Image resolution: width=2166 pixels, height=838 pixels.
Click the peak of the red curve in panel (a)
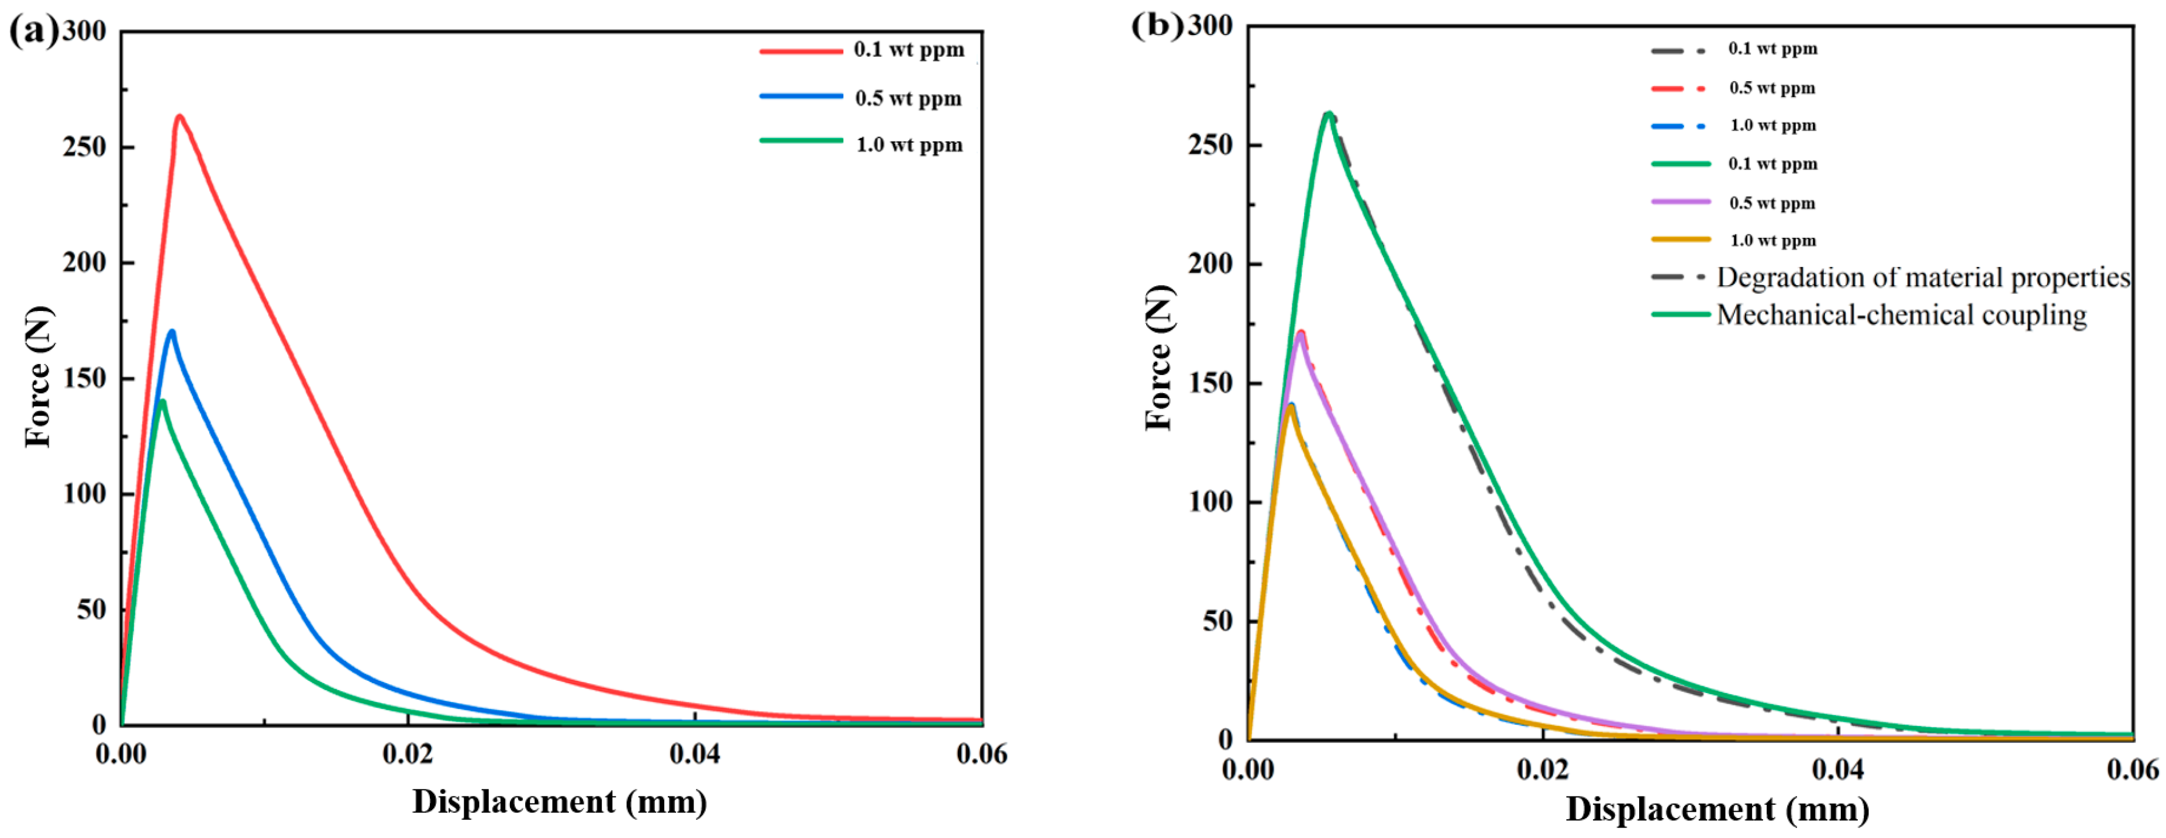(x=179, y=116)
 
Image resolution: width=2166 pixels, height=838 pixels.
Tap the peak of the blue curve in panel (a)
(x=171, y=331)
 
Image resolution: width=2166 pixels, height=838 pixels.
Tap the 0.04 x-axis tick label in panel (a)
(x=695, y=754)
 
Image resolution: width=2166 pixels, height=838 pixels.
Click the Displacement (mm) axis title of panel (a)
(x=559, y=801)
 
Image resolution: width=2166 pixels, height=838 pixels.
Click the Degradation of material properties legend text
(x=1923, y=278)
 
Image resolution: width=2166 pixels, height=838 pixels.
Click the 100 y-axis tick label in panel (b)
(x=1210, y=502)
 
